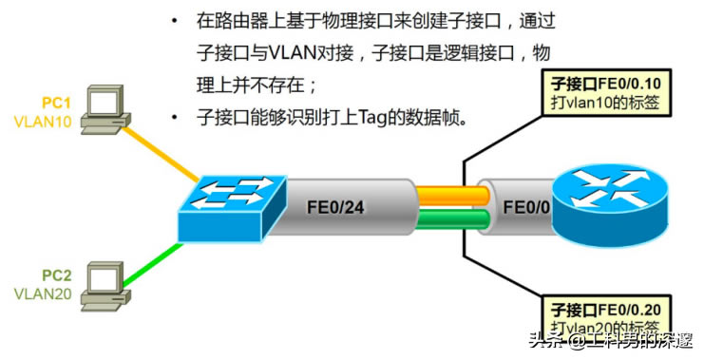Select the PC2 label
56,275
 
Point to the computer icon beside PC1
104,109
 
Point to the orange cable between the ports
451,195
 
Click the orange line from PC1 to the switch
162,153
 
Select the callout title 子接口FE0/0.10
606,84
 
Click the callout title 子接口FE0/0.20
606,311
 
